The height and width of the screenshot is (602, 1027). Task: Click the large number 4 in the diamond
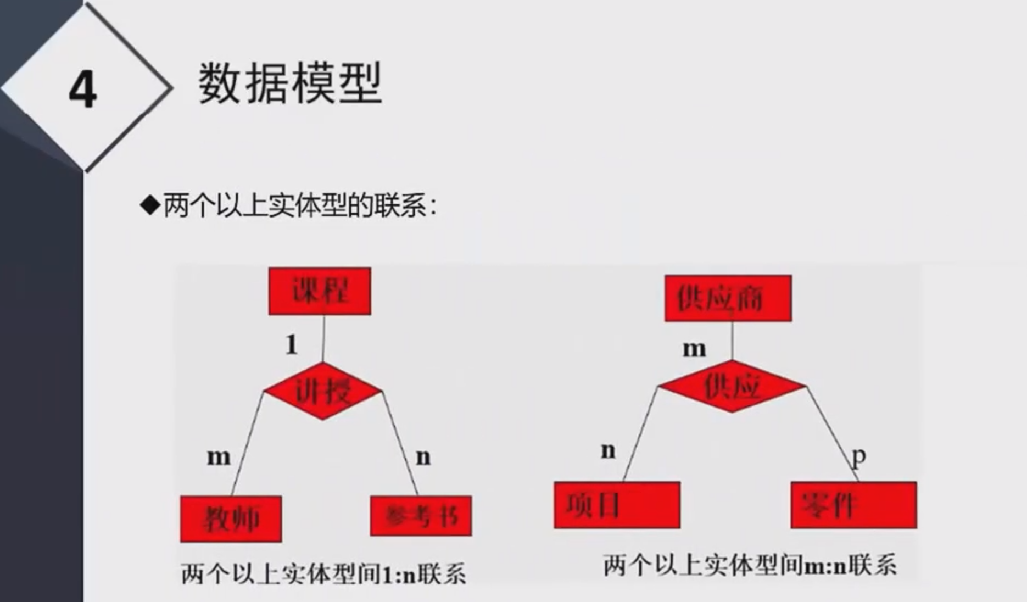click(x=83, y=90)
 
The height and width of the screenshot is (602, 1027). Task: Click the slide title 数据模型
click(x=289, y=83)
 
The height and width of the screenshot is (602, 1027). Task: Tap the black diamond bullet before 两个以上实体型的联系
click(x=149, y=206)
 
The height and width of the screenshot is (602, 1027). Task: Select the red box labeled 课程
click(x=320, y=291)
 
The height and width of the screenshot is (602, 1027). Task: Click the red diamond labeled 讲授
click(x=323, y=391)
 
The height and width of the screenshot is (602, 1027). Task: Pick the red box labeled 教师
click(x=231, y=519)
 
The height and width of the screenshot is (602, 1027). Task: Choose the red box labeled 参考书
click(x=421, y=516)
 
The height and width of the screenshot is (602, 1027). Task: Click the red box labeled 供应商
click(x=728, y=298)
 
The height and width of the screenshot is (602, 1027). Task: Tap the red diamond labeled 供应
click(x=732, y=386)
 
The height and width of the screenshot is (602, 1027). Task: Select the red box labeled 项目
click(x=617, y=505)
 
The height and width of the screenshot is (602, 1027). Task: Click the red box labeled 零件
click(x=853, y=505)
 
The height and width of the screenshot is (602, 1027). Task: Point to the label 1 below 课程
click(x=292, y=344)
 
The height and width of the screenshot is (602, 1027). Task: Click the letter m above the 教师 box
click(x=219, y=456)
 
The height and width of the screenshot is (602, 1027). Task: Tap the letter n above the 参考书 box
click(x=423, y=456)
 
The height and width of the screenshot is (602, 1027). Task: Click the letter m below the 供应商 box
click(x=694, y=349)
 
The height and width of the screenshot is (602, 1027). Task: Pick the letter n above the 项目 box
click(x=608, y=450)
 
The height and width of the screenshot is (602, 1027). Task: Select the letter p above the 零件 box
click(x=859, y=455)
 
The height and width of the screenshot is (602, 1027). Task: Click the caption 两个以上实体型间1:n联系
click(x=323, y=575)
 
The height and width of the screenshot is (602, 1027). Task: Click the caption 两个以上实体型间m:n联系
click(x=750, y=565)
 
